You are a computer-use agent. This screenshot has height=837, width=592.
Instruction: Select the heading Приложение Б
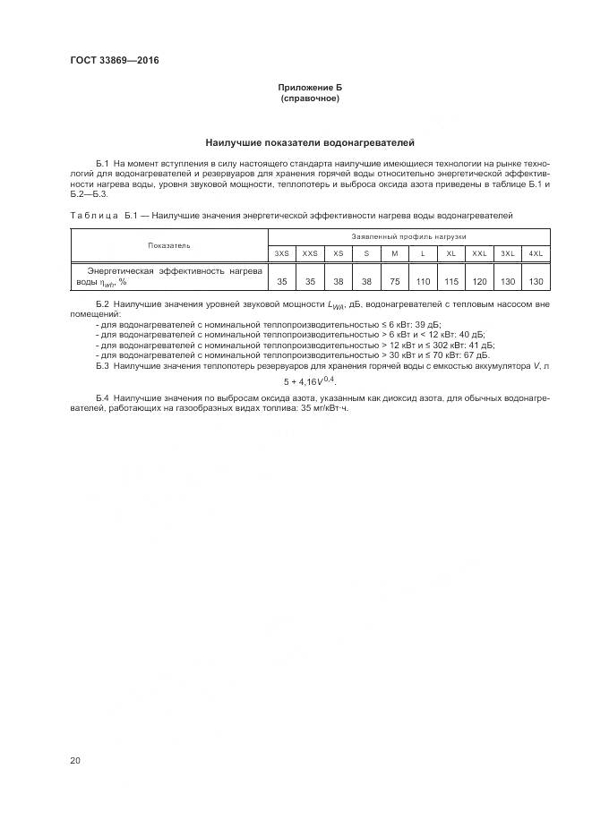[310, 88]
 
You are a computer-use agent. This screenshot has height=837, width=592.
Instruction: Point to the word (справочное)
[310, 98]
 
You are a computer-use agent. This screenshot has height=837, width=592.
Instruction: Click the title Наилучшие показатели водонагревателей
[310, 142]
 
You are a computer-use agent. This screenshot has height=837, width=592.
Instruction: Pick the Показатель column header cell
[169, 244]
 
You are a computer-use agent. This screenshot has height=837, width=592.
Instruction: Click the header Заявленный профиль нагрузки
[408, 236]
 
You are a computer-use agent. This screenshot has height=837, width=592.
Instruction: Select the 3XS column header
[282, 253]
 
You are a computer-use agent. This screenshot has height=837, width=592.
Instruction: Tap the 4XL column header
[536, 253]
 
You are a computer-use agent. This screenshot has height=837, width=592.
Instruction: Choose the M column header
[394, 253]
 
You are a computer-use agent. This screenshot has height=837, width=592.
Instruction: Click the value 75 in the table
[394, 281]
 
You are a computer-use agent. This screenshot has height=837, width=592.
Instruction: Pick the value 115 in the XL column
[450, 281]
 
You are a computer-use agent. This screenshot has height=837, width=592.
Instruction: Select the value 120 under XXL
[479, 281]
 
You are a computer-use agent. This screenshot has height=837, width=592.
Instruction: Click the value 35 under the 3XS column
[282, 281]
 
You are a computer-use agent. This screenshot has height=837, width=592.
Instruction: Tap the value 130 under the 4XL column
[536, 281]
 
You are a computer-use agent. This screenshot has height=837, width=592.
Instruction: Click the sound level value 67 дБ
[477, 354]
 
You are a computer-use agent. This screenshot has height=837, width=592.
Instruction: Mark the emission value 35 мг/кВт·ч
[322, 407]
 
